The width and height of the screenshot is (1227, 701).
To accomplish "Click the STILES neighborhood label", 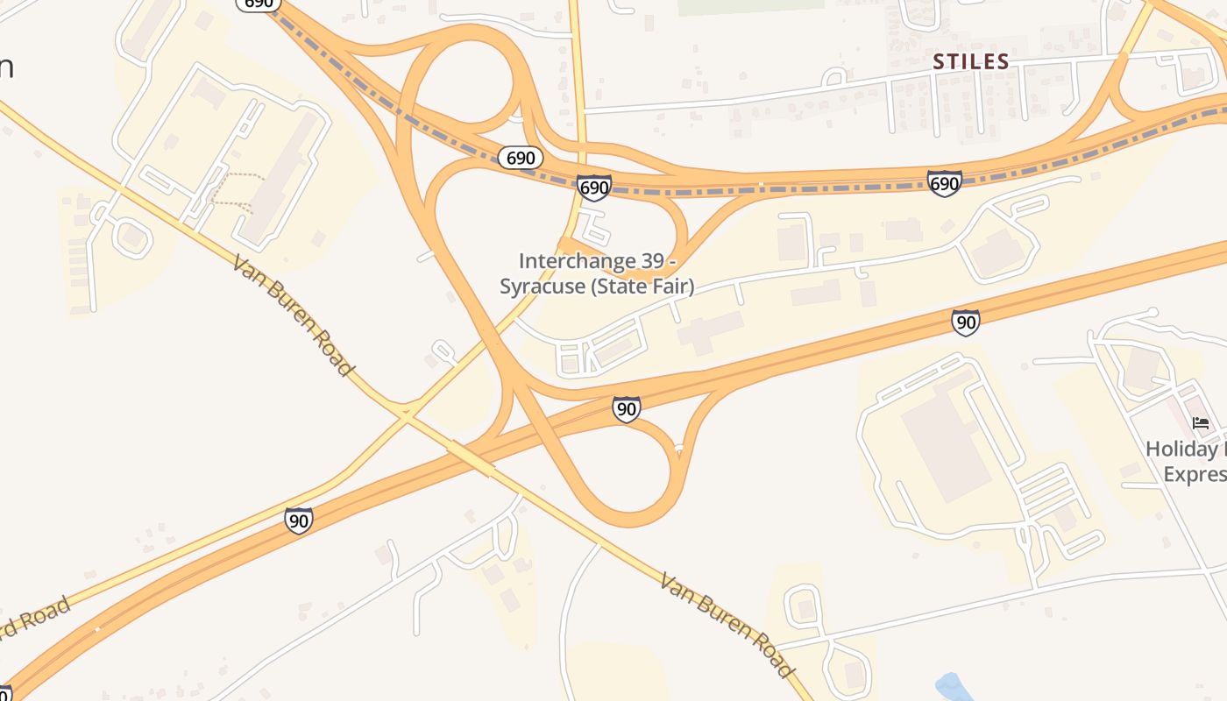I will tap(971, 61).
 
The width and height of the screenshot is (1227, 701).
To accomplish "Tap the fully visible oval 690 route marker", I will tap(521, 158).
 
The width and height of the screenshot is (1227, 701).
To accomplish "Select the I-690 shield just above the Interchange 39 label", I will tap(594, 188).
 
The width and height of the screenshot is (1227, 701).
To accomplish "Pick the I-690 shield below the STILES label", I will tap(945, 183).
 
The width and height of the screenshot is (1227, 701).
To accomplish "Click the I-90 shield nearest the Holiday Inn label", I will tap(965, 322).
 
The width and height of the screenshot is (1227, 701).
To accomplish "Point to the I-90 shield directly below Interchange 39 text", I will tap(626, 408).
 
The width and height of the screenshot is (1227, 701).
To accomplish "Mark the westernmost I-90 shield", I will tap(299, 520).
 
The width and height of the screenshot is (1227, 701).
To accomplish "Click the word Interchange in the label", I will tap(575, 261).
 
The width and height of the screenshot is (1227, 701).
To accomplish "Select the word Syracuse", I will tap(543, 287).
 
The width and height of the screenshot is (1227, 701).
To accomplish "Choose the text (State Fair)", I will tap(642, 287).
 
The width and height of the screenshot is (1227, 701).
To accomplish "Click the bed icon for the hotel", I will tap(1201, 423).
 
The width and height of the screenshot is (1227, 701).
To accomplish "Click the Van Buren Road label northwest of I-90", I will tap(294, 315).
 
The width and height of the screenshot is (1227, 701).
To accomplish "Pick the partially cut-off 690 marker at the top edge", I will tap(259, 4).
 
